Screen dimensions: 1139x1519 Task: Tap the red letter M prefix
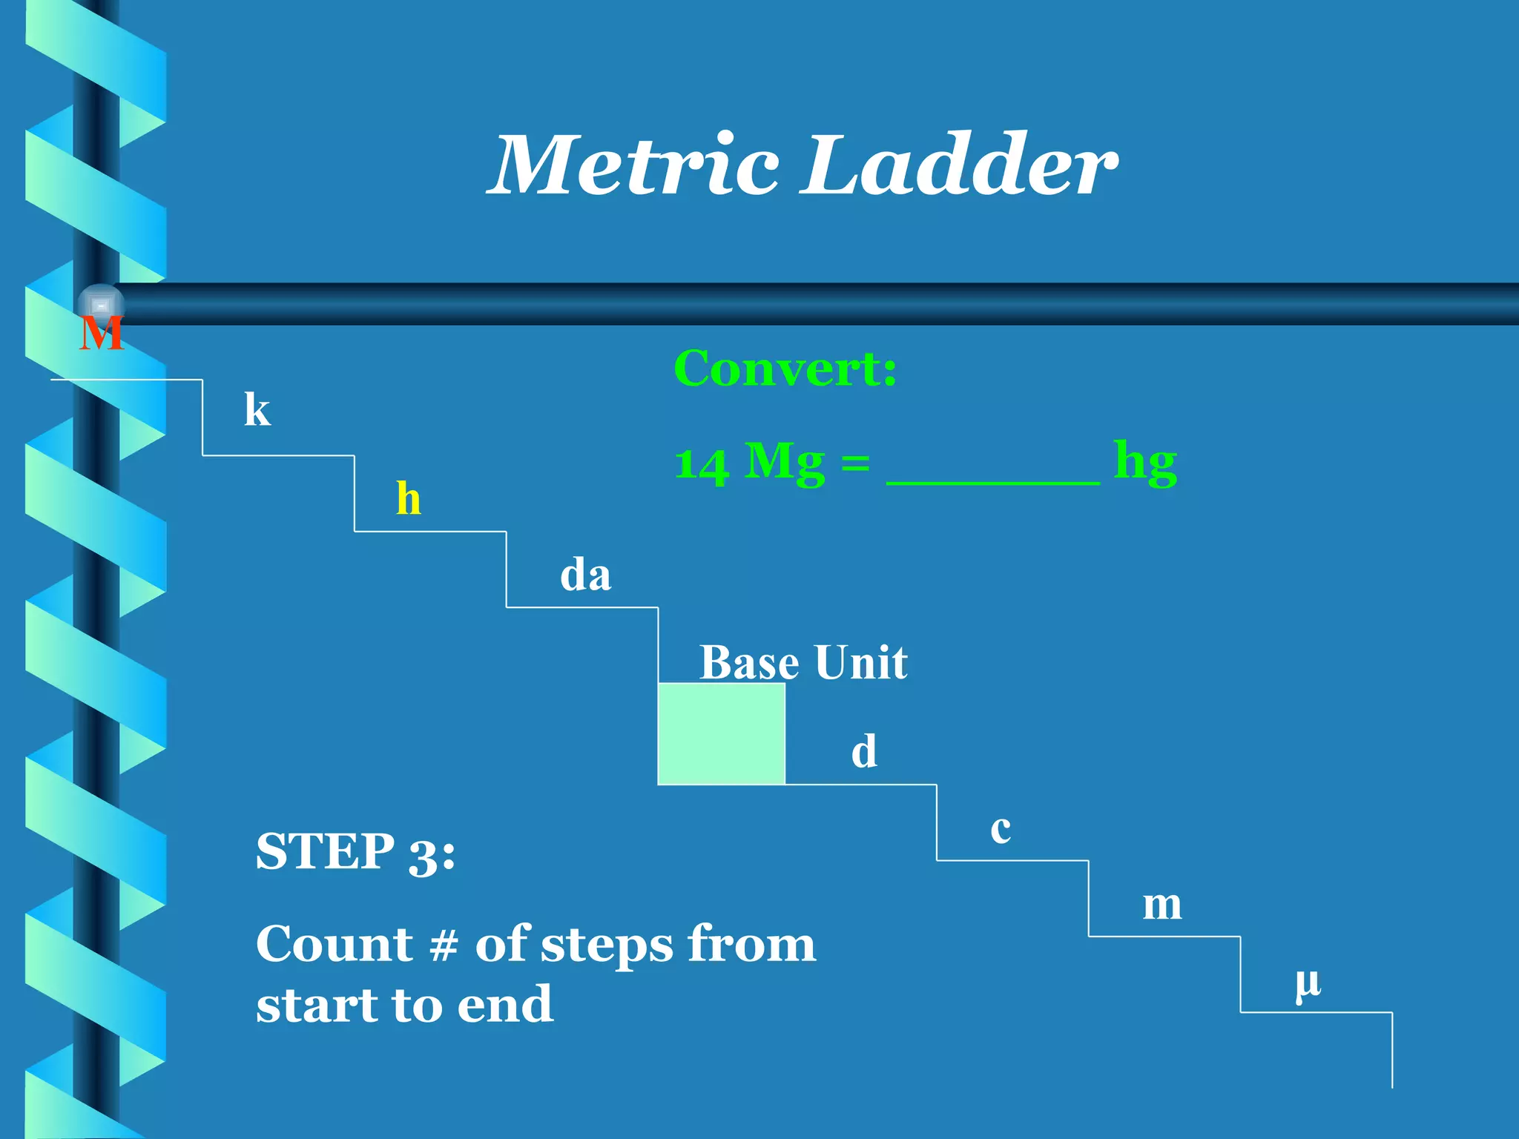[102, 334]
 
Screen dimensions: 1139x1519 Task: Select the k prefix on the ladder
[257, 409]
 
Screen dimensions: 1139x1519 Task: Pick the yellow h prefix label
[409, 498]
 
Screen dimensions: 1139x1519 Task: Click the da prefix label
[585, 575]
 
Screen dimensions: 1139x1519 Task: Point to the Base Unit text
[803, 662]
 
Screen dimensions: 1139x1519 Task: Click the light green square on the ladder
[721, 733]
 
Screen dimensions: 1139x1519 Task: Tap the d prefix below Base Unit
[864, 751]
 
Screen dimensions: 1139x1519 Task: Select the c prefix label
[1001, 829]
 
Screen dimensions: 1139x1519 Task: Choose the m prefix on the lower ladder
[1162, 905]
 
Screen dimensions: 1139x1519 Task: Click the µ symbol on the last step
[1308, 983]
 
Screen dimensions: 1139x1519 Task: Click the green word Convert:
[785, 369]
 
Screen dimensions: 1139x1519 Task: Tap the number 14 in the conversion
[701, 465]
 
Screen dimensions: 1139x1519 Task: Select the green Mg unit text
[784, 463]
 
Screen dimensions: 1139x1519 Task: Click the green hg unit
[1145, 463]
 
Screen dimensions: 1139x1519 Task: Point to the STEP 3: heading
[355, 851]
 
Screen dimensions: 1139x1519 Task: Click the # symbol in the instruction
[444, 945]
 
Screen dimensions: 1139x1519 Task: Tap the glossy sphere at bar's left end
[101, 305]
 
